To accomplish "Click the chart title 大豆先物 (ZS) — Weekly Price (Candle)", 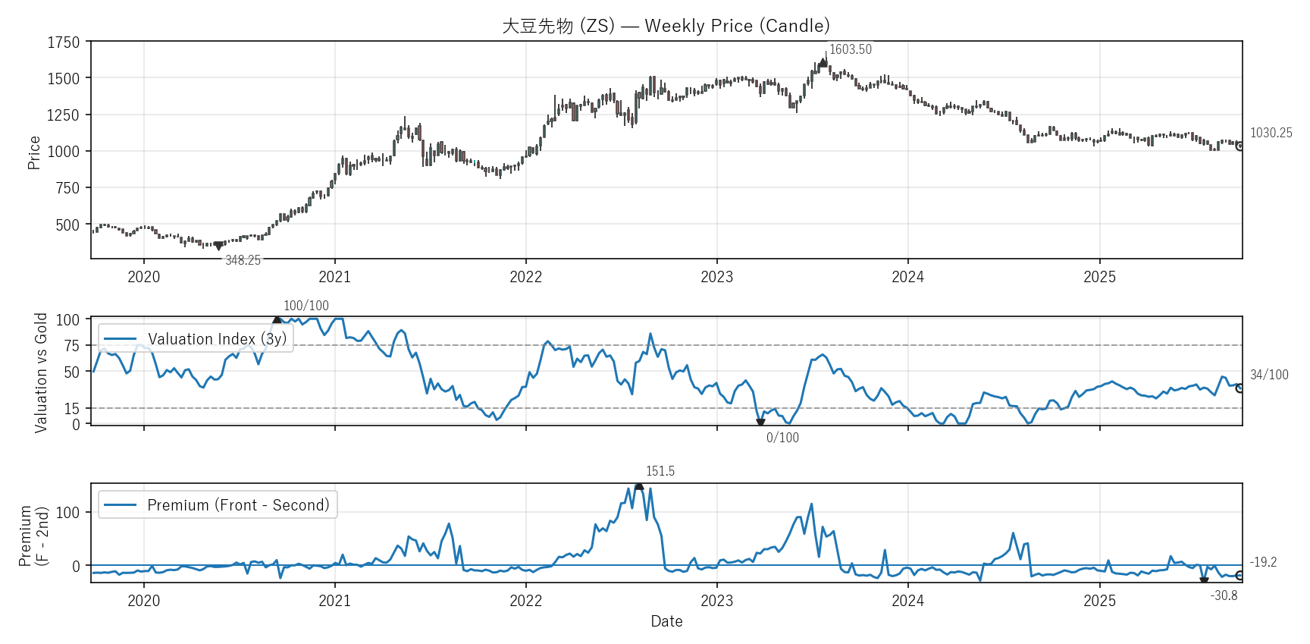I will (666, 26).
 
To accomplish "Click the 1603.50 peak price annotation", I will (850, 49).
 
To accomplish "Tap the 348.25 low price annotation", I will (243, 260).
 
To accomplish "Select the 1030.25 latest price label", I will (1271, 133).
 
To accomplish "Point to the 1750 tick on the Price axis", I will (64, 42).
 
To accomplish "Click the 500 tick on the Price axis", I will (67, 225).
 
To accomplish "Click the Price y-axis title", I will (34, 152).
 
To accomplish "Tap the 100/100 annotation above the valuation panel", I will (306, 306).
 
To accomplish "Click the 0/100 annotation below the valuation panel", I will (782, 438).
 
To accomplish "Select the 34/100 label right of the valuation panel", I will (1269, 375).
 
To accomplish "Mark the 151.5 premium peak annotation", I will (660, 471).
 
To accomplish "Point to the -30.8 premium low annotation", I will (1224, 595).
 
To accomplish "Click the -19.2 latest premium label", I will (1263, 562).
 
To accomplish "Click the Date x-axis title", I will (666, 621).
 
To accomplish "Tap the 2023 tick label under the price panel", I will (716, 277).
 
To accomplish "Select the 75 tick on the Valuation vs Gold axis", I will (71, 346).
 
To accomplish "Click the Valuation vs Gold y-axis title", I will (41, 372).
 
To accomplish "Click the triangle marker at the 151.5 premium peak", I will (639, 486).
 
